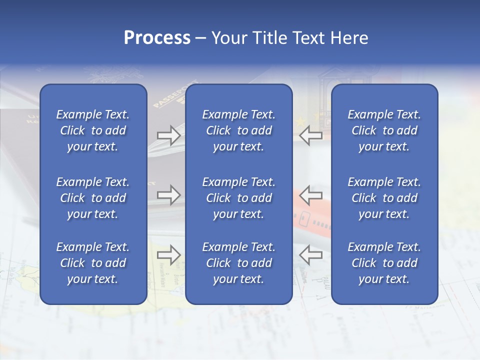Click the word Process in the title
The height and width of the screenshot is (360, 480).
pos(157,38)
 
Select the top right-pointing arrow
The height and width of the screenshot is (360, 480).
pos(169,135)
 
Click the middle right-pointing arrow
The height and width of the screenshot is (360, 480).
pos(169,195)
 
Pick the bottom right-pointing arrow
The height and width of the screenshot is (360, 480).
pos(169,255)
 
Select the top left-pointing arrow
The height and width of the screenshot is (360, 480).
pos(310,135)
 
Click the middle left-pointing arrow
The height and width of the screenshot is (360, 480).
pos(310,195)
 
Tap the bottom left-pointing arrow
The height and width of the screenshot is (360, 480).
pos(310,255)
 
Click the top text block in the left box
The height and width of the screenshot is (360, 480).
pos(93,130)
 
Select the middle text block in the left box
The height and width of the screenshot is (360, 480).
pos(93,198)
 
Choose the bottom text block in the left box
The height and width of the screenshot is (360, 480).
pos(93,263)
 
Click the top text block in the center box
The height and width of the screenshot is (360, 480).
pos(238,130)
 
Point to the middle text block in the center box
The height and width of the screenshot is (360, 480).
pos(238,198)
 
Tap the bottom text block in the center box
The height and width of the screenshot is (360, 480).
pos(238,263)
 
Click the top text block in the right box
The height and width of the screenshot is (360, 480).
pos(384,130)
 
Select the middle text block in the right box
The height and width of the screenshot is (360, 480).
pos(384,198)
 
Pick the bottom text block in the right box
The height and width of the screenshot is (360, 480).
pos(384,263)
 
